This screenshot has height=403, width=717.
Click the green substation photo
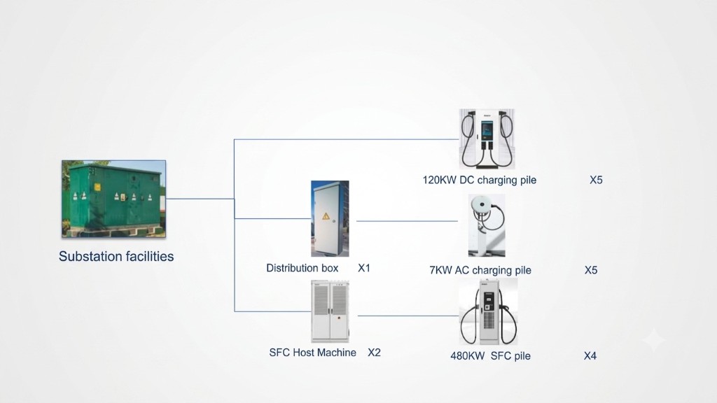pos(114,199)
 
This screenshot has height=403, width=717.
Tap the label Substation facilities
pos(116,256)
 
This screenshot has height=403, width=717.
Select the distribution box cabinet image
pos(330,218)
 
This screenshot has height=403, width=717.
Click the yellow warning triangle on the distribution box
pos(326,216)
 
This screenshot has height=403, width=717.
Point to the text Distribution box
pos(302,268)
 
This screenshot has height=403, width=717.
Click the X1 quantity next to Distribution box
pos(364,268)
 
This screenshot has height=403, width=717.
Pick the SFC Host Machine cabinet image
pos(330,311)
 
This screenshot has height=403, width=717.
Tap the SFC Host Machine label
pos(313,353)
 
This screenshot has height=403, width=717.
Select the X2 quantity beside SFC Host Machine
pos(374,353)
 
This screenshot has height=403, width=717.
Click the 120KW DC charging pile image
pos(487,139)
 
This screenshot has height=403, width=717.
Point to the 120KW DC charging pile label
pos(479,180)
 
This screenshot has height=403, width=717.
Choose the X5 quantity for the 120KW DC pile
pos(596,180)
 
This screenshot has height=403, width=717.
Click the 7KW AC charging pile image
pos(487,225)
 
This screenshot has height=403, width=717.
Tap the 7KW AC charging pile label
pos(480,271)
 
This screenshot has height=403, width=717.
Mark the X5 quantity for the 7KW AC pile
pos(591,271)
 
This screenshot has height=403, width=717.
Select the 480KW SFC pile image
pos(488,311)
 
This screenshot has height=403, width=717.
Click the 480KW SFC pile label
pos(490,356)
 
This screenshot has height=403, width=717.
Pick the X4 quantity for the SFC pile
pos(590,356)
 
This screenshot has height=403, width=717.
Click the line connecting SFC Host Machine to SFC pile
pos(408,316)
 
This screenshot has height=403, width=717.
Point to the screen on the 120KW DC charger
pos(487,131)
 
